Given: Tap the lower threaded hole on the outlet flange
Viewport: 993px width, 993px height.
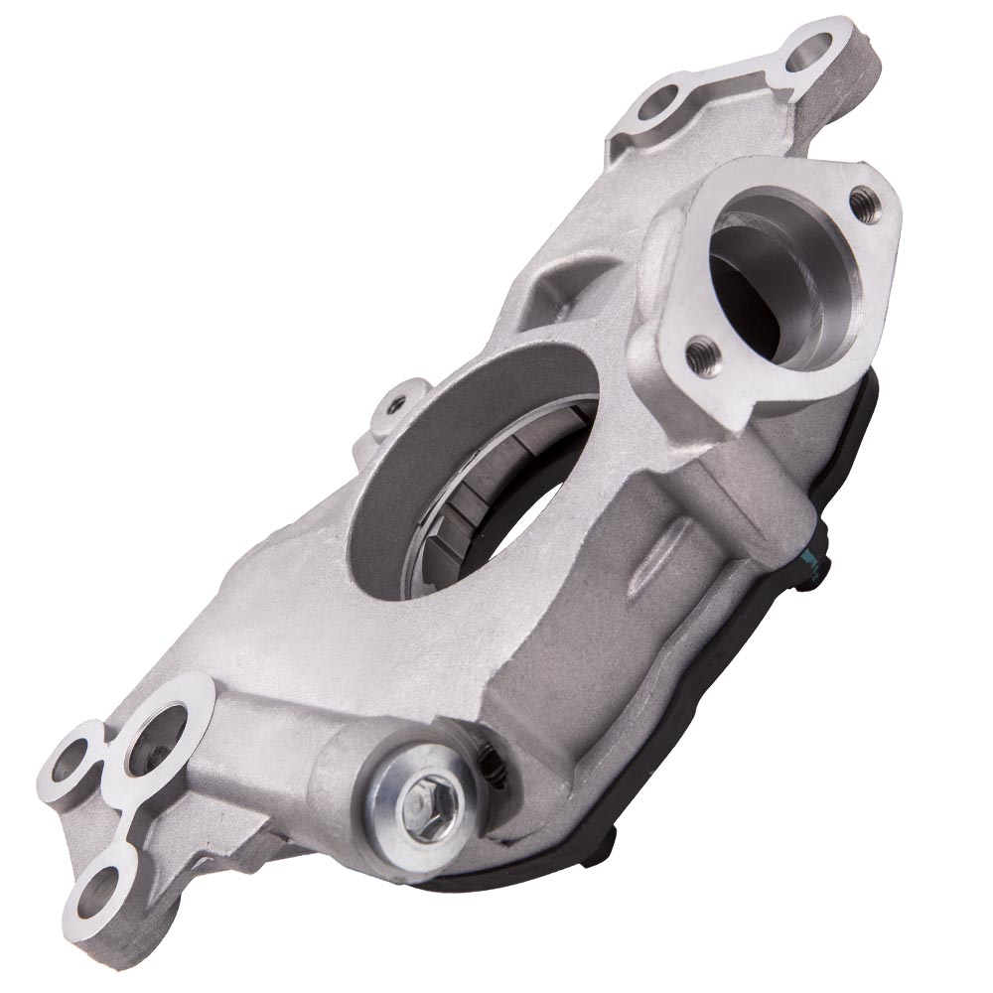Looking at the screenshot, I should click(702, 350).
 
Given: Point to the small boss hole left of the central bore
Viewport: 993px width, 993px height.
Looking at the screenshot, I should click(398, 404).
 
